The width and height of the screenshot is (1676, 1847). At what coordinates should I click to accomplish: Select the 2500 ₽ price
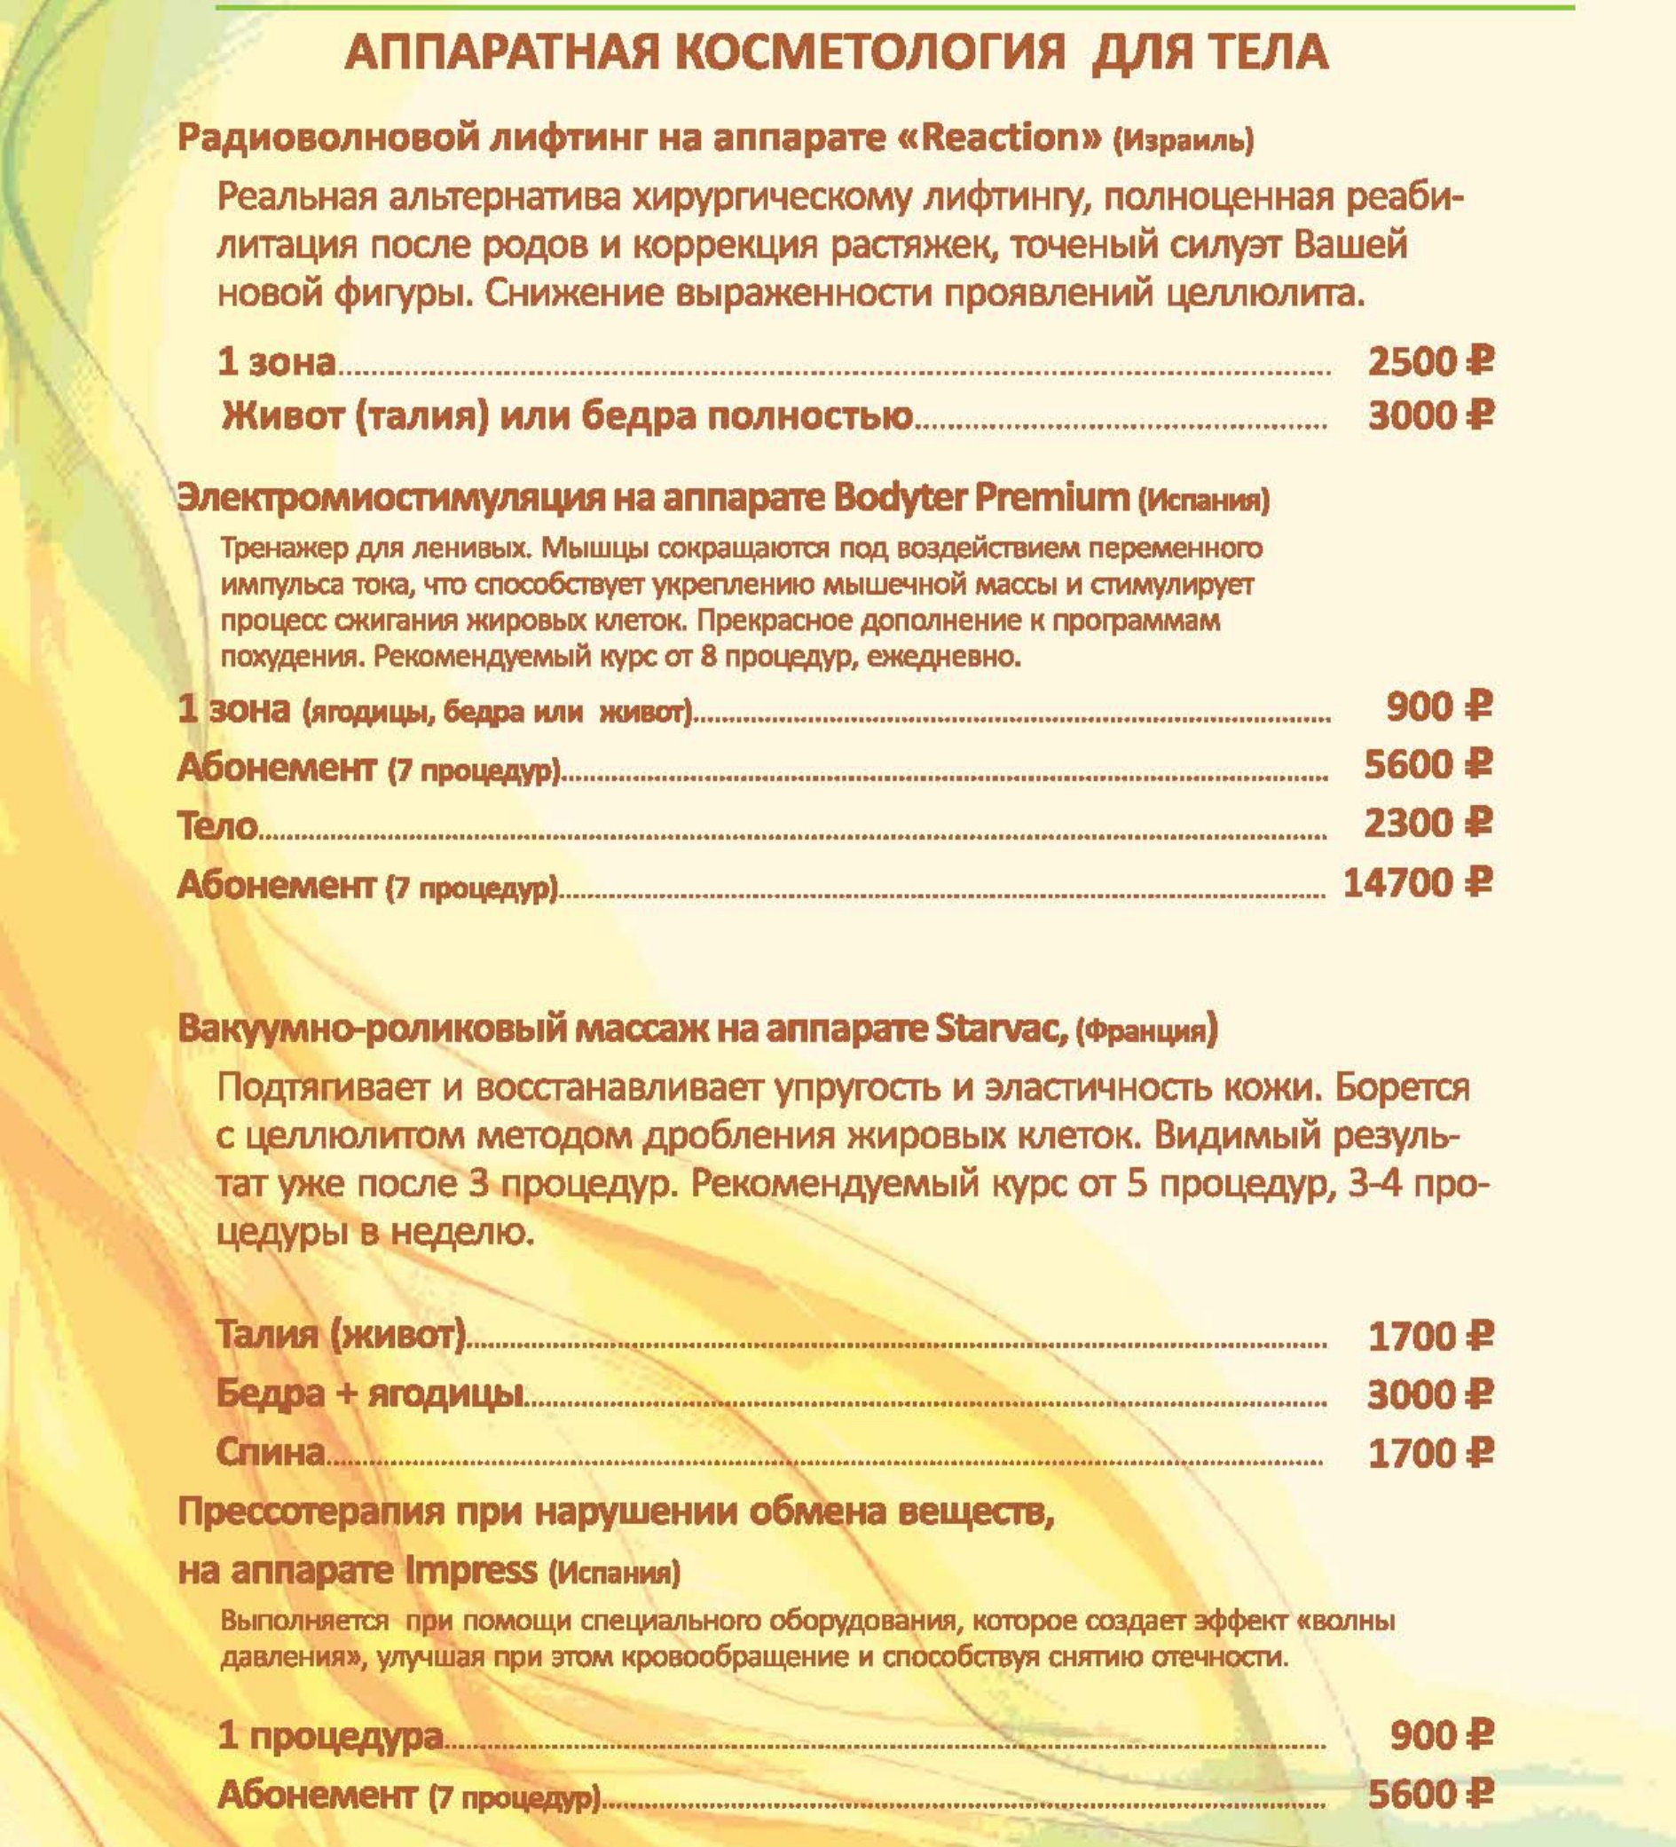[1429, 363]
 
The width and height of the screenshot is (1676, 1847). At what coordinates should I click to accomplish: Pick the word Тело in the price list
[217, 826]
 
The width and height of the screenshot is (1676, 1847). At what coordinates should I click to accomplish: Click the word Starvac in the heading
[1003, 1030]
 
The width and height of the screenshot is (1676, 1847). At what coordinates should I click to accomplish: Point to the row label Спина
[271, 1452]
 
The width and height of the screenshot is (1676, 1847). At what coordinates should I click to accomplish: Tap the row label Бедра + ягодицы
[371, 1394]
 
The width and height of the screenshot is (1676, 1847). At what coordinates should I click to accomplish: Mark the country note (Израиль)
[1183, 142]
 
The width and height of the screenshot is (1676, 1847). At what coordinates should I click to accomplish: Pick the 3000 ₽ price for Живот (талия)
[1429, 417]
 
